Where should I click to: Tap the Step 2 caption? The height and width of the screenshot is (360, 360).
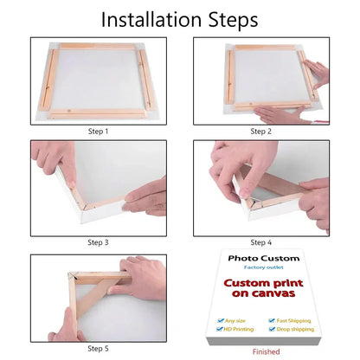point(260,132)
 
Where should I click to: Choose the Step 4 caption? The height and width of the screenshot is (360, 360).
point(260,242)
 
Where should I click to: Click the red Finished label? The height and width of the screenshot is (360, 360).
point(266,352)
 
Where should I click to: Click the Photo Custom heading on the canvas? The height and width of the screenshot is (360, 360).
point(263,258)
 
